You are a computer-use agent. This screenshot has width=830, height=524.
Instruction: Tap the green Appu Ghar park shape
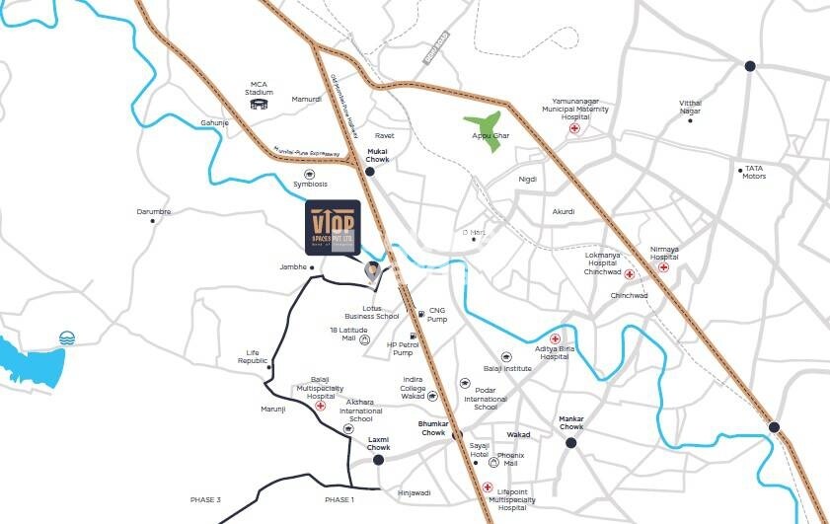[x=484, y=134]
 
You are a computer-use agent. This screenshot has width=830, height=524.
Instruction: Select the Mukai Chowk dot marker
[x=369, y=171]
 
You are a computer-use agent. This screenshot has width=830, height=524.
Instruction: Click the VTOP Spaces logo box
[x=333, y=226]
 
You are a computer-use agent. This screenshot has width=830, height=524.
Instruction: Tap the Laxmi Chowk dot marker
[x=378, y=459]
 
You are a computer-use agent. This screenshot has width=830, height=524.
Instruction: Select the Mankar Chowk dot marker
[x=570, y=443]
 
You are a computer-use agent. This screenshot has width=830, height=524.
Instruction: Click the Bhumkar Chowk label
[x=433, y=427]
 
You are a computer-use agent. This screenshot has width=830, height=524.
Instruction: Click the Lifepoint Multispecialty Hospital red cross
[x=489, y=487]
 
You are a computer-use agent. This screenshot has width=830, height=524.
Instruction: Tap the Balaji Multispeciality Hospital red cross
[x=320, y=406]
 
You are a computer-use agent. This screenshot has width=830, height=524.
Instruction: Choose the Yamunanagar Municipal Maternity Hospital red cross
[x=574, y=128]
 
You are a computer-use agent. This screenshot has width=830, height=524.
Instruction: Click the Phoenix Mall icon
[x=493, y=461]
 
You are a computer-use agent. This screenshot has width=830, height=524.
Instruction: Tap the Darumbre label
[x=153, y=211]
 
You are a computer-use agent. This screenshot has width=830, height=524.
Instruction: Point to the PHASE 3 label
[x=205, y=500]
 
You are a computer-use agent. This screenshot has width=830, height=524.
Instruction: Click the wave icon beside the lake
[x=67, y=337]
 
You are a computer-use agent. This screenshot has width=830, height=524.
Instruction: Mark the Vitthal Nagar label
[x=690, y=107]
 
